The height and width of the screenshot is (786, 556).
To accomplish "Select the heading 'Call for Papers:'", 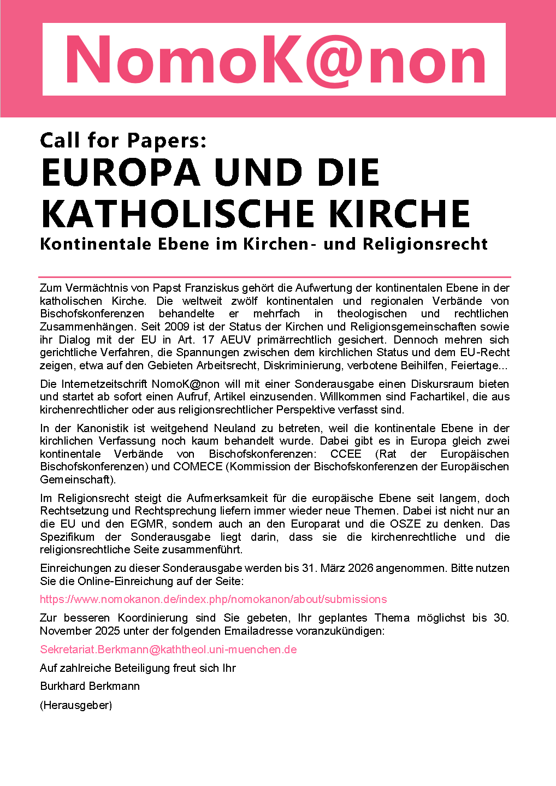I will [123, 140].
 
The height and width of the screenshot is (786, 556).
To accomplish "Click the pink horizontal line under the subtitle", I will [275, 277].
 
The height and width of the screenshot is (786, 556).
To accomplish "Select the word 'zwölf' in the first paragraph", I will [244, 301].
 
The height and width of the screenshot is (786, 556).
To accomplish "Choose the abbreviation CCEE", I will [346, 454].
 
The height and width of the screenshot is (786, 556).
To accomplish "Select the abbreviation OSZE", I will [406, 524].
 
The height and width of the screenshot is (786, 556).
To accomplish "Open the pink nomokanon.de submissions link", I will [213, 599].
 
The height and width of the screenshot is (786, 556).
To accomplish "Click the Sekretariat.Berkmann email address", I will [168, 649].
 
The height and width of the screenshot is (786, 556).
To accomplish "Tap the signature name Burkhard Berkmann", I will [90, 686].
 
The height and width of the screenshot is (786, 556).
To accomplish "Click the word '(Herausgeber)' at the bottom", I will [76, 705].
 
